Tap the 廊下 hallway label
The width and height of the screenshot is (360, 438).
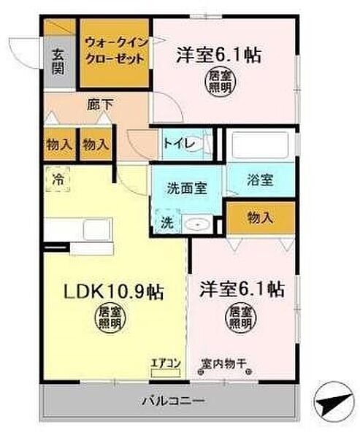[101, 104]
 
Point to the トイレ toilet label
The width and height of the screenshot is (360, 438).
[179, 143]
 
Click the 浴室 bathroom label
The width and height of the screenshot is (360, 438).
[260, 180]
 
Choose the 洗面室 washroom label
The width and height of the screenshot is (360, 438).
[183, 187]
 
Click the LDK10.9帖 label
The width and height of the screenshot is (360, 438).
[111, 292]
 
